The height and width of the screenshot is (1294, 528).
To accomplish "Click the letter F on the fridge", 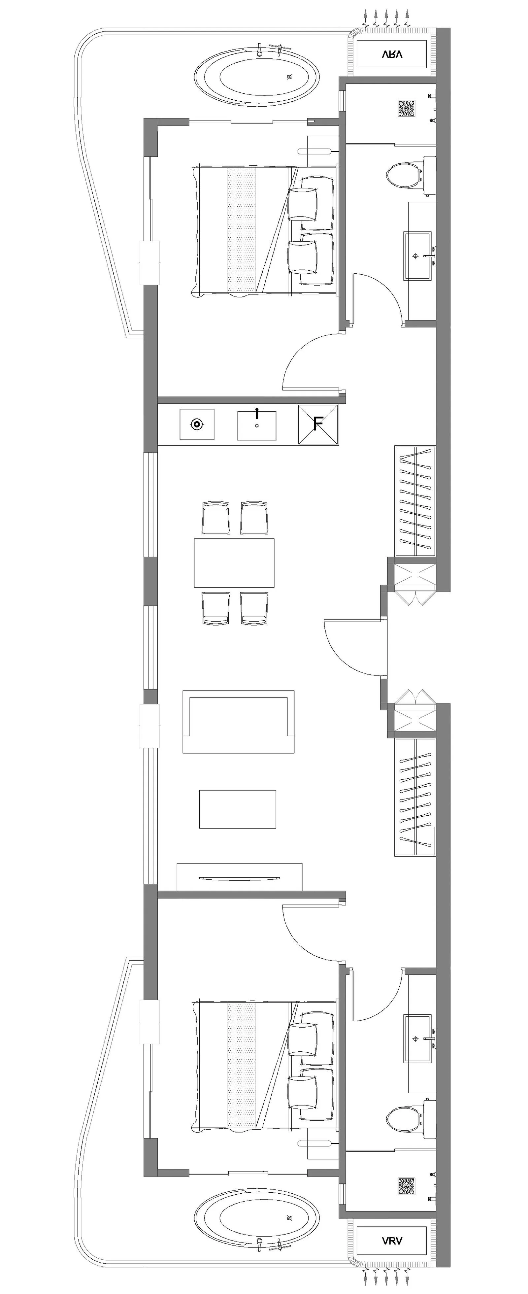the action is pos(317,424).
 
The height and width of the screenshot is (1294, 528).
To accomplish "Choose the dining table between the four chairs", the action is pos(234,562).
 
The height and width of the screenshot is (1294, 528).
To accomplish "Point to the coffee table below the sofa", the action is pos(238,809).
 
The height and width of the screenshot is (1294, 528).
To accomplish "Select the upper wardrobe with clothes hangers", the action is pos(415,501).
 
